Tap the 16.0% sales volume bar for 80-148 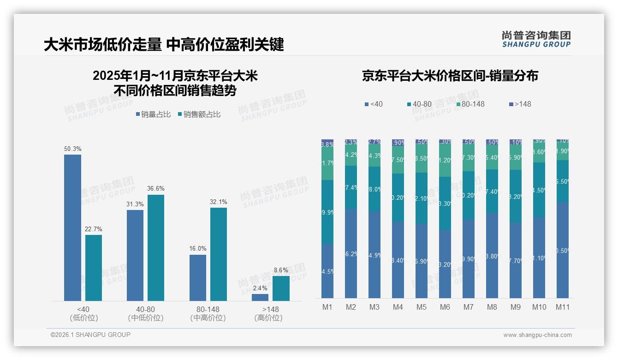click(197, 277)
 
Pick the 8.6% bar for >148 click(281, 288)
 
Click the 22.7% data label click(94, 229)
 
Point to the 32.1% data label click(219, 202)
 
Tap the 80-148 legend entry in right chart click(470, 104)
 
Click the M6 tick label click(445, 307)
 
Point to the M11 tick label click(562, 307)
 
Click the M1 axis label click(327, 307)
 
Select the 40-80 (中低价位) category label click(146, 313)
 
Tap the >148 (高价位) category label click(268, 313)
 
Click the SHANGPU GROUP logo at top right click(536, 39)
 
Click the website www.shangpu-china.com click(537, 335)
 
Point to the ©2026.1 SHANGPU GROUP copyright click(90, 335)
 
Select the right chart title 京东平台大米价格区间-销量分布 click(450, 76)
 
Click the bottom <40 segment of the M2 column click(351, 253)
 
